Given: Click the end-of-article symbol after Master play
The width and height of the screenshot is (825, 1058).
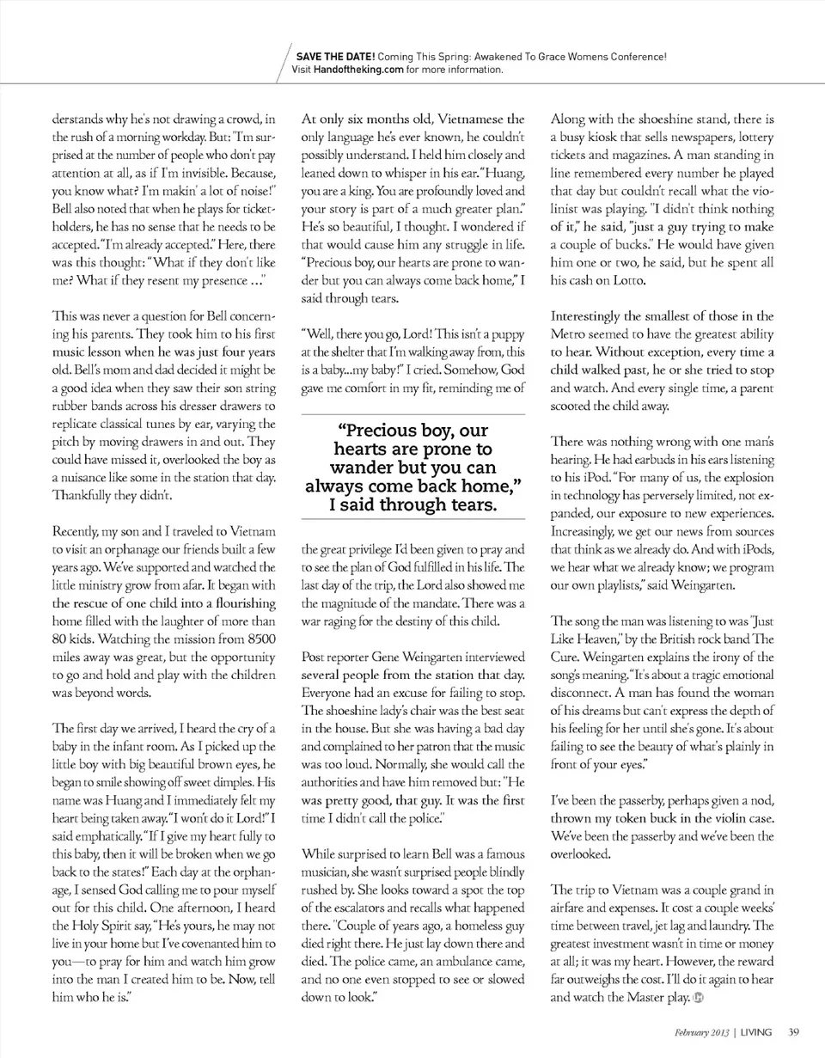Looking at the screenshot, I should (x=699, y=999).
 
